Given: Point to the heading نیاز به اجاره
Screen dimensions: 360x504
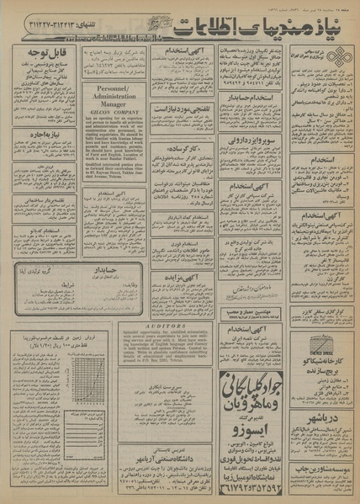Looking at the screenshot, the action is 50,133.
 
